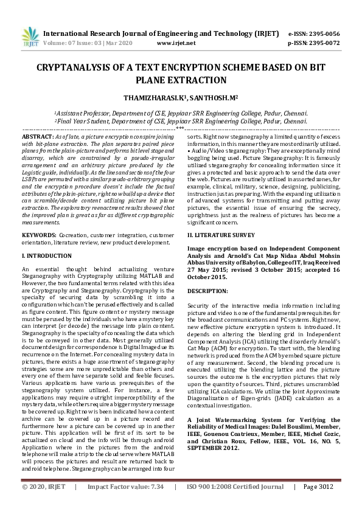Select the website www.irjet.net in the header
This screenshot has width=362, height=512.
click(176, 43)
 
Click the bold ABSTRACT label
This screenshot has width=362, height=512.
click(37, 137)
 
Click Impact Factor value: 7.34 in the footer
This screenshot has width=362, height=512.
click(126, 503)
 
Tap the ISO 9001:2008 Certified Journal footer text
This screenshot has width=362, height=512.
click(235, 503)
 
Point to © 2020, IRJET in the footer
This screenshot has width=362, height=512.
click(43, 503)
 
